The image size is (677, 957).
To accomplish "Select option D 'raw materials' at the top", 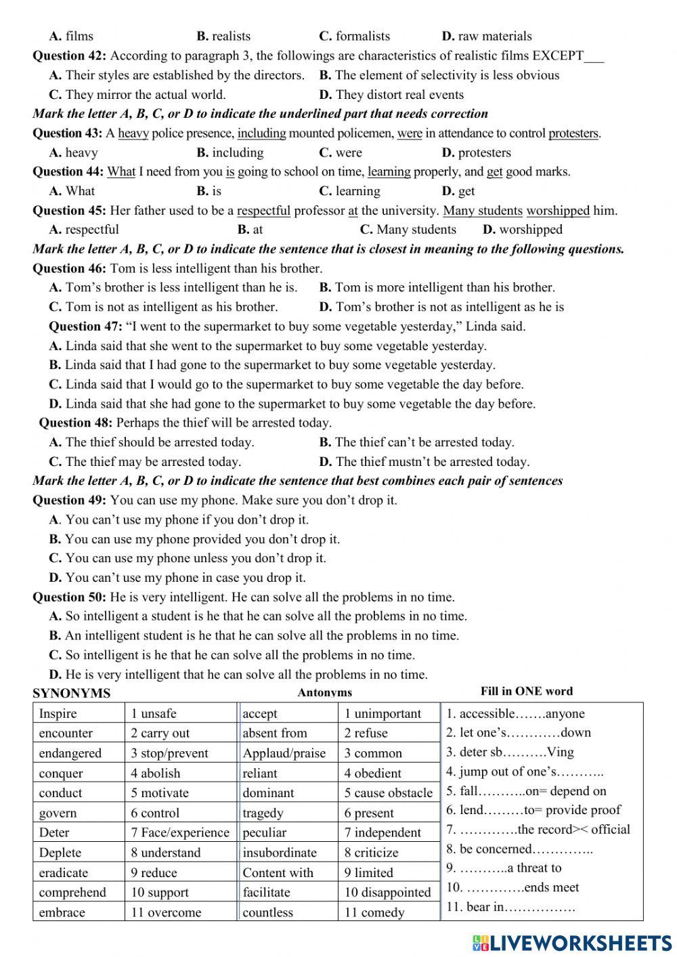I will tap(487, 37).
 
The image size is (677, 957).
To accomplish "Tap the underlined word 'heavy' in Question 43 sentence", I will tap(133, 133).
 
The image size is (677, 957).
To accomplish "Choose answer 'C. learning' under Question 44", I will tap(349, 191).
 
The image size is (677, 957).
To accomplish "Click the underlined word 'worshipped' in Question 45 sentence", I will tap(558, 211).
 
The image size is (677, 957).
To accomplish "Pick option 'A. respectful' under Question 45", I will tap(84, 230).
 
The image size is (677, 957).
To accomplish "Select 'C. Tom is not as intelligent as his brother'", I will tap(163, 307).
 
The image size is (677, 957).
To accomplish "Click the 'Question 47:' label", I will tap(85, 326).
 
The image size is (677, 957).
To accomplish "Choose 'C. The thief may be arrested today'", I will tap(145, 462).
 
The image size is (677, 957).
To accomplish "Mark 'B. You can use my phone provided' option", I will tap(194, 539).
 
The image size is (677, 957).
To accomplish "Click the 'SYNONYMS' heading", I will tap(71, 693).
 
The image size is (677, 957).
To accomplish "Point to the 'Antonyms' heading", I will tap(324, 692).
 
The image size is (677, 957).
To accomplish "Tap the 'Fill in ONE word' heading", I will tap(526, 692).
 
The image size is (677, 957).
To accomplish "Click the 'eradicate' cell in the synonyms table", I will tap(64, 872).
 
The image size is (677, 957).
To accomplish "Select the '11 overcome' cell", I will tap(166, 912).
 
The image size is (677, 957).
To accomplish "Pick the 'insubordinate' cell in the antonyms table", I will tap(280, 853).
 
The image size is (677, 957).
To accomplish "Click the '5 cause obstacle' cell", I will tap(388, 793).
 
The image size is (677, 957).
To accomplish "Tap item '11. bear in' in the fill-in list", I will tap(510, 907).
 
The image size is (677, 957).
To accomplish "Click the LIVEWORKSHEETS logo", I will tap(571, 942).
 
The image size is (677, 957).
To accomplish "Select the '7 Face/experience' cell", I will tap(180, 832).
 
